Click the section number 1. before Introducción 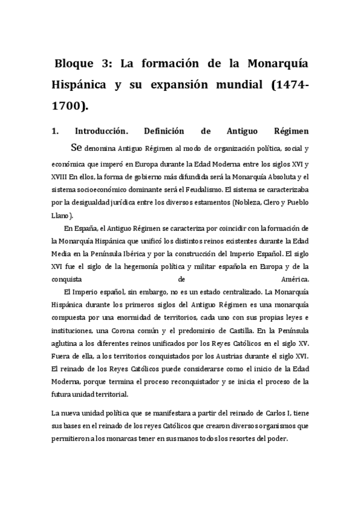tap(55, 131)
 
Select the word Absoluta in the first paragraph tap(275, 176)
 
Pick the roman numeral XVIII tap(59, 176)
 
